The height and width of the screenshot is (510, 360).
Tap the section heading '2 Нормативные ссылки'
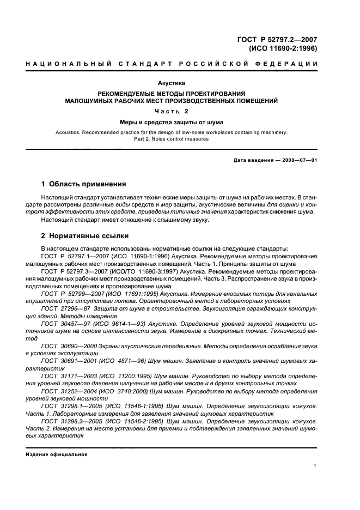[85, 236]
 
